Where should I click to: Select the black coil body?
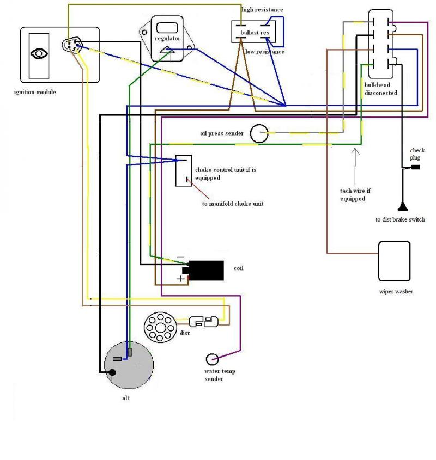pyautogui.click(x=205, y=270)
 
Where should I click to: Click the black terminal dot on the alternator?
pyautogui.click(x=112, y=372)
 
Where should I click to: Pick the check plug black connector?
pyautogui.click(x=415, y=167)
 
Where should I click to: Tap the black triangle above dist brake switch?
pyautogui.click(x=403, y=206)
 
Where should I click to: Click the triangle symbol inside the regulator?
pyautogui.click(x=167, y=50)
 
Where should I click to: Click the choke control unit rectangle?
pyautogui.click(x=184, y=171)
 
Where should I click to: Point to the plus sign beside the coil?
pyautogui.click(x=180, y=278)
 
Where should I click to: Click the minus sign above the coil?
pyautogui.click(x=181, y=257)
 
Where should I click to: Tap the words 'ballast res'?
pyautogui.click(x=255, y=32)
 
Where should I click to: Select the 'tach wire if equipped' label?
pyautogui.click(x=355, y=195)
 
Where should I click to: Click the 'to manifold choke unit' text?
pyautogui.click(x=233, y=204)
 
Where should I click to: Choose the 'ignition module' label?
pyautogui.click(x=35, y=92)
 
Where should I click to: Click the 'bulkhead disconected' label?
pyautogui.click(x=381, y=89)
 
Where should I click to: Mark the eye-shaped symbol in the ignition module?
pyautogui.click(x=39, y=54)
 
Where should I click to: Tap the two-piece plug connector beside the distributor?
pyautogui.click(x=203, y=322)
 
